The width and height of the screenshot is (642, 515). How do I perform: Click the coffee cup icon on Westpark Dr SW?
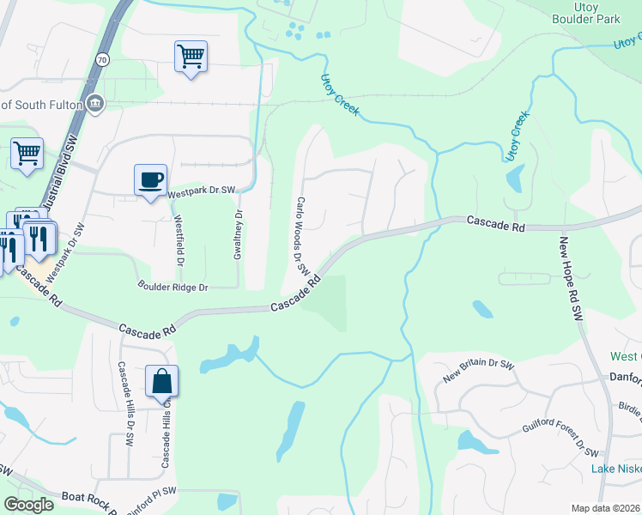151,179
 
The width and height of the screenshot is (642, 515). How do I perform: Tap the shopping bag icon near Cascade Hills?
161,380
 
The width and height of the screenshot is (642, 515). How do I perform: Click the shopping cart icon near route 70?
191,58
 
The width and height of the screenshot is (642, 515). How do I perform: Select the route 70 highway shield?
103,59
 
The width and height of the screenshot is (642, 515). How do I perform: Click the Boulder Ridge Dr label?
173,286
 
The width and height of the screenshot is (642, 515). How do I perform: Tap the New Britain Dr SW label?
478,370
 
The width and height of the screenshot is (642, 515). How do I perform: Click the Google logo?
27,505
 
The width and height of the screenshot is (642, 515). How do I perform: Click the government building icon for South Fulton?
95,104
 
